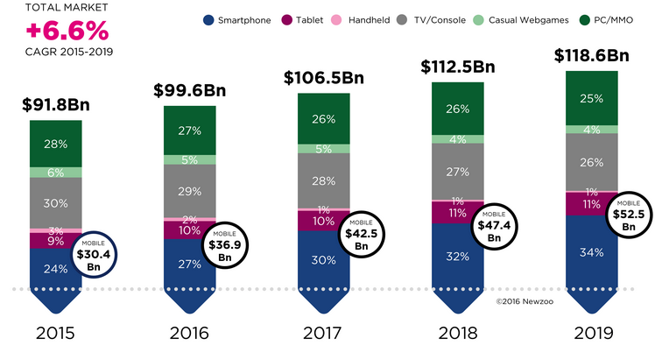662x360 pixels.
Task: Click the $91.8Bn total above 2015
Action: pyautogui.click(x=56, y=107)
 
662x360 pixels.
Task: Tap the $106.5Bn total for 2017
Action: pyautogui.click(x=324, y=78)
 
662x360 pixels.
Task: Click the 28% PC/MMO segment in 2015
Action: pyautogui.click(x=56, y=143)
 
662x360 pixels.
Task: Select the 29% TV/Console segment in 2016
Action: pyautogui.click(x=190, y=191)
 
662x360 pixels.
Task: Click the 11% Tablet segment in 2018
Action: pyautogui.click(x=458, y=212)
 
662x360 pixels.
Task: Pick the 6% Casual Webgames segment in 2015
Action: pyautogui.click(x=56, y=173)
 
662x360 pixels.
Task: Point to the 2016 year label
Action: pyautogui.click(x=190, y=334)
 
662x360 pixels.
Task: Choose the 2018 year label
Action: pyautogui.click(x=458, y=334)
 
